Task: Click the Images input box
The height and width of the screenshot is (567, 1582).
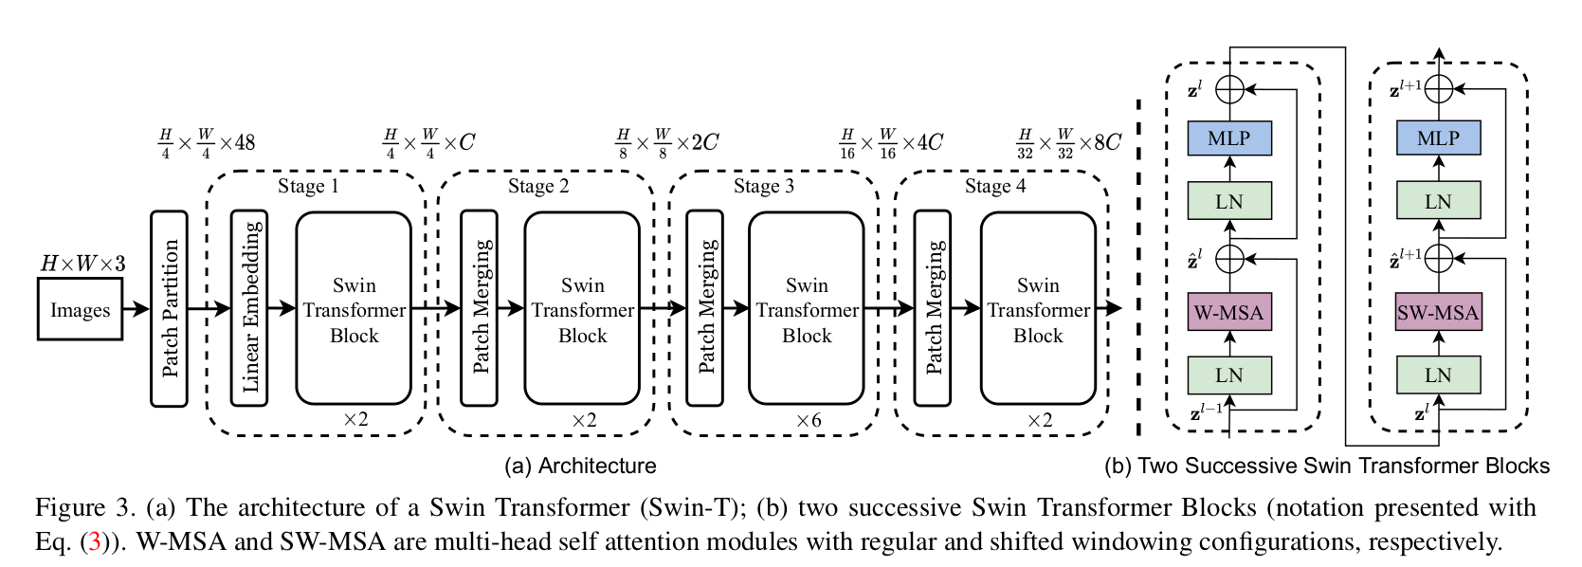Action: [80, 310]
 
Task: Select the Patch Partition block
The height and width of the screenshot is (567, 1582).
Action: [169, 308]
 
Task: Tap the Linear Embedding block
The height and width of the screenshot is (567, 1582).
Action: [249, 308]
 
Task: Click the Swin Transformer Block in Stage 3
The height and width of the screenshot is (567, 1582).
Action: [806, 308]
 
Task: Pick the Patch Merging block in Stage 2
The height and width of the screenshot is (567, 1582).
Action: [480, 308]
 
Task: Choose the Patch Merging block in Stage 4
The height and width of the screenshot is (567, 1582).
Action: [933, 308]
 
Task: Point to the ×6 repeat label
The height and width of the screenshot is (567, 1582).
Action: [809, 420]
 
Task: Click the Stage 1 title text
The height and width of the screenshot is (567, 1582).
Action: [308, 186]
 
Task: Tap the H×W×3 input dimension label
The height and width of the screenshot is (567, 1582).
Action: [82, 264]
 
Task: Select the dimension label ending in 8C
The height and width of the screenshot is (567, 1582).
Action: [1068, 143]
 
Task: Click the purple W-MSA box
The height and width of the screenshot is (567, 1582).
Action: [1229, 312]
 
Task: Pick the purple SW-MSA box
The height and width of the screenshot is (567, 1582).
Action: [1438, 312]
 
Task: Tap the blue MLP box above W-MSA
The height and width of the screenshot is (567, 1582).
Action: [1229, 138]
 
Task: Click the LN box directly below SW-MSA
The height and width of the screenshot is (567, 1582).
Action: [1438, 375]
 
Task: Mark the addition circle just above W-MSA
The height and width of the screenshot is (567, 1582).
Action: [1229, 258]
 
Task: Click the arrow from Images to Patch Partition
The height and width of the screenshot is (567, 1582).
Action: [136, 309]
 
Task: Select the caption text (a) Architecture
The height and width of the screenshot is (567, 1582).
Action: [580, 466]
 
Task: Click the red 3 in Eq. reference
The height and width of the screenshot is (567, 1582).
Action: [95, 541]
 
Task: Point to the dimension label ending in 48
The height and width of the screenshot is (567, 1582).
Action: [207, 143]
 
